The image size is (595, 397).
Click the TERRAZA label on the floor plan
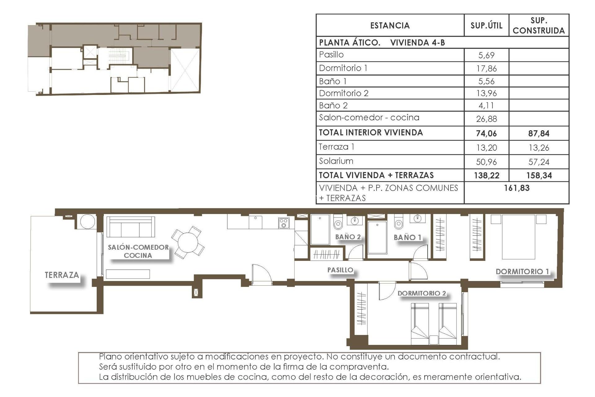pos(62,275)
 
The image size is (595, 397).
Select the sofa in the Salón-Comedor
pos(130,227)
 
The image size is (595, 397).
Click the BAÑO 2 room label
pos(348,237)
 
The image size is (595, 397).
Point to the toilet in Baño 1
pos(399,223)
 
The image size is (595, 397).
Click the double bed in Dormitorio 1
pos(518,237)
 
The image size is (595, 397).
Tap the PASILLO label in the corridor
pos(340,270)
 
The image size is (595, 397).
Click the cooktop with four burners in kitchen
pos(284,223)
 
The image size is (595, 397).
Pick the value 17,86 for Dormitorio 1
pos(486,68)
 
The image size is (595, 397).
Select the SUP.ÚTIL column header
pos(486,25)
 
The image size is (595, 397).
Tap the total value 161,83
pos(517,188)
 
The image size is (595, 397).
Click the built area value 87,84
pos(539,133)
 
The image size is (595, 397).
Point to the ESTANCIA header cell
pos(390,25)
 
